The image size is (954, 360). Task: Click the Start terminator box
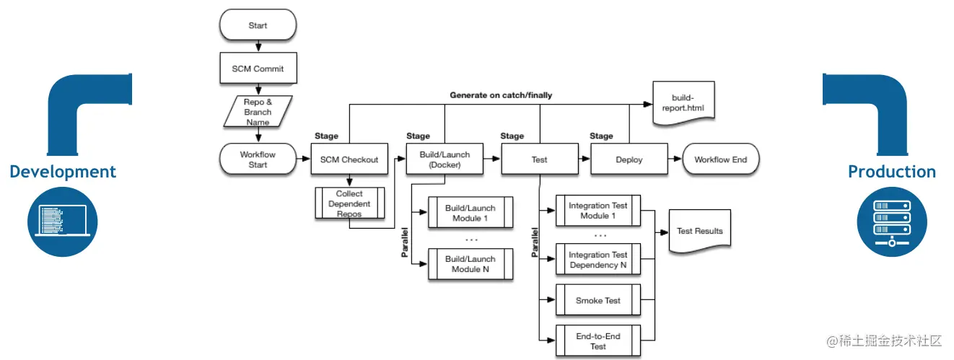coord(258,25)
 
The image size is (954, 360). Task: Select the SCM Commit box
coord(258,68)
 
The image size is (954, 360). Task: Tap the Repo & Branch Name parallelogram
coord(258,112)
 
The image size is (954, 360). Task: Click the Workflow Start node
coord(258,159)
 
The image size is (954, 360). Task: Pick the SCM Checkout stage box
coord(349,159)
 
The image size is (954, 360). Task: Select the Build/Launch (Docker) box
coord(445,159)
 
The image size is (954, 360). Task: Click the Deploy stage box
coord(629,159)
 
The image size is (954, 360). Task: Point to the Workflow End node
coord(721,159)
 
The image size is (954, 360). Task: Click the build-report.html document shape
coord(683,104)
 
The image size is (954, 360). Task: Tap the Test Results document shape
coord(700,232)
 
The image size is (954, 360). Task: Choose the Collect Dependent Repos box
coord(350,203)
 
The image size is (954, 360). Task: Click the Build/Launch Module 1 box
coord(471,212)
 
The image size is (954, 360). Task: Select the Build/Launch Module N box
coord(471,264)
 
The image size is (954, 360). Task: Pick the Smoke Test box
coord(598,300)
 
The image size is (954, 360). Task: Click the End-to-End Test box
coord(598,341)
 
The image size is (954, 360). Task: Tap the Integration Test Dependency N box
coord(598,259)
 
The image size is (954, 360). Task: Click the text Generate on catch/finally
coord(501,95)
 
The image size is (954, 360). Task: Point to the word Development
coord(63,172)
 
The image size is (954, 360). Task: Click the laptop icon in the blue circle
coord(63,221)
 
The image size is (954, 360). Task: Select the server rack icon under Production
coord(892,221)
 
